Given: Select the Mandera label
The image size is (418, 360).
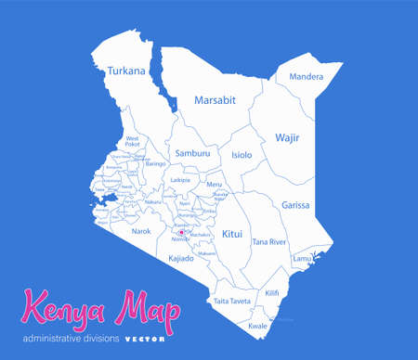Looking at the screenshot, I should pyautogui.click(x=306, y=77).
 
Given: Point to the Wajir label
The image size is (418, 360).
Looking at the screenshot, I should pyautogui.click(x=287, y=137).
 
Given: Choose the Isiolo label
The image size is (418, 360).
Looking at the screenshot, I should pyautogui.click(x=242, y=155).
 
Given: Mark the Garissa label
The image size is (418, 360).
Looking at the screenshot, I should pyautogui.click(x=295, y=205).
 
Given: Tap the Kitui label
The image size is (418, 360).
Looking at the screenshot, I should pyautogui.click(x=232, y=235).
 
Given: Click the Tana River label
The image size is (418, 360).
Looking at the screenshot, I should pyautogui.click(x=269, y=242).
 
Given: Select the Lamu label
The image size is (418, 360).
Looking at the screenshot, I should pyautogui.click(x=302, y=258).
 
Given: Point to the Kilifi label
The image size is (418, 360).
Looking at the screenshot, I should pyautogui.click(x=271, y=293).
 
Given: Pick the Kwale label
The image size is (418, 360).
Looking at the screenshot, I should pyautogui.click(x=257, y=326).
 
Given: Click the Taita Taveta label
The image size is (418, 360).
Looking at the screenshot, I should pyautogui.click(x=232, y=301).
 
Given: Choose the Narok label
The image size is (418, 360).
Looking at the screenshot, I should pyautogui.click(x=141, y=231).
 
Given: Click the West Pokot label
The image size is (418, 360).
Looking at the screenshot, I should pyautogui.click(x=132, y=141).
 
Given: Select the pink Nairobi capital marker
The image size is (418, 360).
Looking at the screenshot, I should pyautogui.click(x=181, y=233).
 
